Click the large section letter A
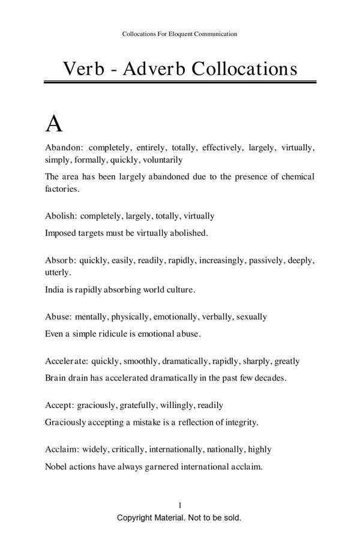point(54,124)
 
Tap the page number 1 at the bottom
point(180,505)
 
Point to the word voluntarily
point(163,160)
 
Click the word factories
point(62,189)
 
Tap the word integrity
point(239,422)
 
